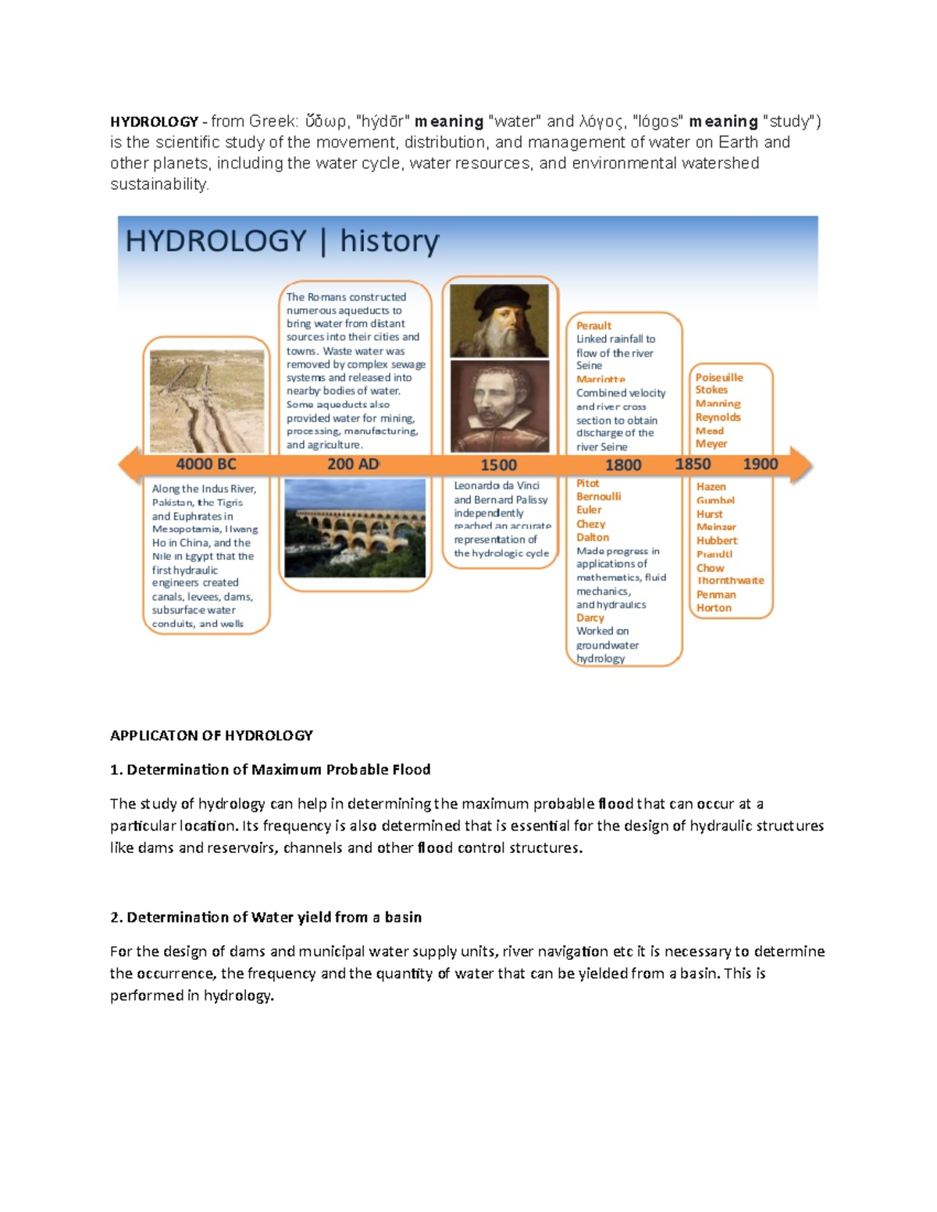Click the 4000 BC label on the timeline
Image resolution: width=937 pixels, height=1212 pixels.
pyautogui.click(x=205, y=464)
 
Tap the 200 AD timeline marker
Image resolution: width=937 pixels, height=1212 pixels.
pyautogui.click(x=353, y=464)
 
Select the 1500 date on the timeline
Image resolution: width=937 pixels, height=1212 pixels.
pyautogui.click(x=498, y=465)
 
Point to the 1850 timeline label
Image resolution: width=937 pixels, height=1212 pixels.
pyautogui.click(x=693, y=464)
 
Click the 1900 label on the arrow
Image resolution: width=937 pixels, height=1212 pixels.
pyautogui.click(x=760, y=464)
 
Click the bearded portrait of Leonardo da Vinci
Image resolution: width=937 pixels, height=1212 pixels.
pyautogui.click(x=500, y=320)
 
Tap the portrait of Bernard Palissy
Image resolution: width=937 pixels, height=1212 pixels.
pyautogui.click(x=500, y=406)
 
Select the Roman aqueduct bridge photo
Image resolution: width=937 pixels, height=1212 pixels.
pyautogui.click(x=355, y=528)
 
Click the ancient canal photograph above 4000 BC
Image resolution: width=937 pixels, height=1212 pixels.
pyautogui.click(x=207, y=401)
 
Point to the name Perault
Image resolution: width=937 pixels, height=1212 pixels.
pyautogui.click(x=593, y=325)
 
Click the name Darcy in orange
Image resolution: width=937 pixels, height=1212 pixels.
pyautogui.click(x=590, y=617)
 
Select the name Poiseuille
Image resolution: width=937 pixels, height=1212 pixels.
pyautogui.click(x=719, y=377)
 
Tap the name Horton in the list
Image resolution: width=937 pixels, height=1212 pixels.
pyautogui.click(x=714, y=608)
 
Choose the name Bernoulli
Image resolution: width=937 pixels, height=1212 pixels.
pyautogui.click(x=599, y=496)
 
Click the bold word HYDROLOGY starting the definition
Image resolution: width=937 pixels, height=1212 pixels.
pyautogui.click(x=154, y=122)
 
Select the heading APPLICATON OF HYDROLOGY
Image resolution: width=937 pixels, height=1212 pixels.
pyautogui.click(x=211, y=735)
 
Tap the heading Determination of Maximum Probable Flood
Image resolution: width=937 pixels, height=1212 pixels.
pyautogui.click(x=278, y=769)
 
